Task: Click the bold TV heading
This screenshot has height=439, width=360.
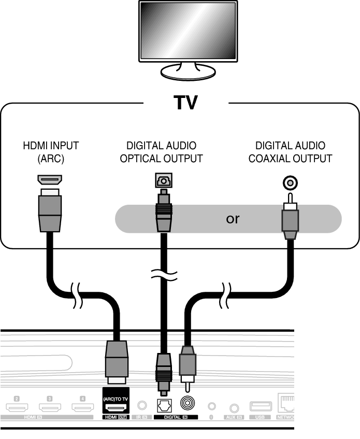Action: [x=185, y=103]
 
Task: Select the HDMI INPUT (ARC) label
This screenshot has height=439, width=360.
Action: [x=50, y=152]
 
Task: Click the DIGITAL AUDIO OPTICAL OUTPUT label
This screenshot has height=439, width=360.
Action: [x=161, y=152]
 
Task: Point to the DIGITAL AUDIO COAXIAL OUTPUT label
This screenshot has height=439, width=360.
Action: [x=290, y=152]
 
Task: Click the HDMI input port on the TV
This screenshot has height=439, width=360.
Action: [x=50, y=180]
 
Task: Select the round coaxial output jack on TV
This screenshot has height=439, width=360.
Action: [x=290, y=182]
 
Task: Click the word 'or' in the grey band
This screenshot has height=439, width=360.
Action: [x=233, y=219]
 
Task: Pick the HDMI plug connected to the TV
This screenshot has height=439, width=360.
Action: [x=50, y=213]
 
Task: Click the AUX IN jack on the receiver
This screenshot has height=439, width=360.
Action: [x=236, y=408]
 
